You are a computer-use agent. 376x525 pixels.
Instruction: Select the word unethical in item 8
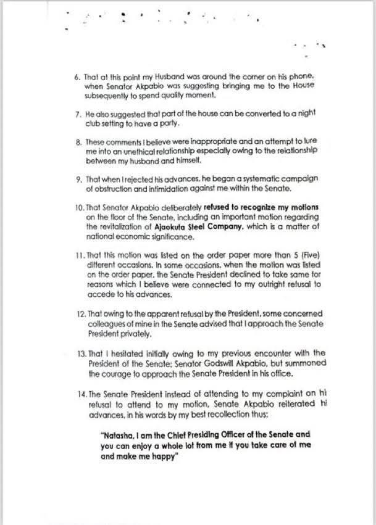point(138,151)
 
